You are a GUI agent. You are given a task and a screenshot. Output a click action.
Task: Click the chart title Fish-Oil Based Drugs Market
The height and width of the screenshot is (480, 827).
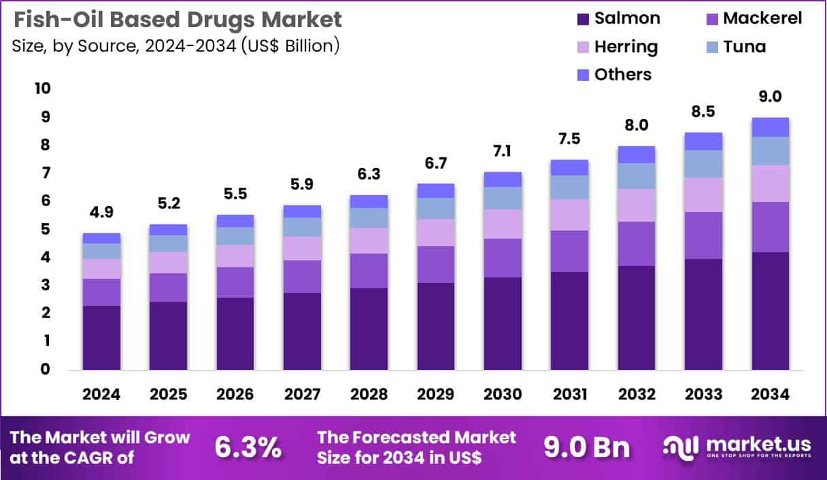click(x=177, y=20)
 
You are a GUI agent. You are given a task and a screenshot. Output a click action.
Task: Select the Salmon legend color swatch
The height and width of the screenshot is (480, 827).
click(x=583, y=19)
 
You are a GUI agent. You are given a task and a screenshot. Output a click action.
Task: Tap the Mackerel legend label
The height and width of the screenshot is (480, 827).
click(x=762, y=18)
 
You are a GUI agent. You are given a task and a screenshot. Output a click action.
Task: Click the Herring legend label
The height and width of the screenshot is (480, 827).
click(x=626, y=46)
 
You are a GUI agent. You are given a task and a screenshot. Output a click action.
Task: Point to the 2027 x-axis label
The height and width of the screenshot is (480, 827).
click(x=302, y=395)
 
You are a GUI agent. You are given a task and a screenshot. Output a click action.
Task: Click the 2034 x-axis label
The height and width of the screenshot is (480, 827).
click(x=770, y=395)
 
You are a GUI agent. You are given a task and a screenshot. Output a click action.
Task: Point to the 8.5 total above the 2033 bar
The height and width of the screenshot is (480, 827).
click(x=703, y=112)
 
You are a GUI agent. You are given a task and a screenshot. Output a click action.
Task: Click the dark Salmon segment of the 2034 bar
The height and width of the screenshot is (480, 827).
click(x=770, y=311)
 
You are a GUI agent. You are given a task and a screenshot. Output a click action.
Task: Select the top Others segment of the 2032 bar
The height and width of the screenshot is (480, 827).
click(x=637, y=154)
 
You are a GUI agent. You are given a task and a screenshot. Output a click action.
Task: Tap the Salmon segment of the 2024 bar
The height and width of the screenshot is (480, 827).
click(x=101, y=337)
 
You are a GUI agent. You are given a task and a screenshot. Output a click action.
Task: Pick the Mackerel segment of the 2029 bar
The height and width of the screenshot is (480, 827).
click(x=436, y=264)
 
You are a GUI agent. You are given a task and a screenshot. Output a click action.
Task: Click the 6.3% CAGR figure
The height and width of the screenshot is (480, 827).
click(x=248, y=447)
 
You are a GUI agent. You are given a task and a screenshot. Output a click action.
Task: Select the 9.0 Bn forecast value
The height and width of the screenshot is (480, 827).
click(x=586, y=447)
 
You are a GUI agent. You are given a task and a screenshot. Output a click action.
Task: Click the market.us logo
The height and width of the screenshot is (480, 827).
click(x=737, y=447)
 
